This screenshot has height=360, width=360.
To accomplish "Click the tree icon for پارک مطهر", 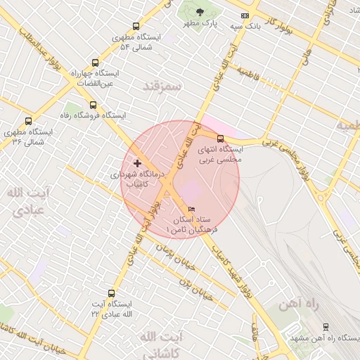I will tap(200, 12).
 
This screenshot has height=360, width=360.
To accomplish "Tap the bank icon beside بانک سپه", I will tap(244, 15).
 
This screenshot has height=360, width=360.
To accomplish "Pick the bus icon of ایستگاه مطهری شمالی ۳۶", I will tap(28, 121).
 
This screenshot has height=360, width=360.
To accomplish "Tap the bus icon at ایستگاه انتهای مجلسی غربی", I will tap(221, 139).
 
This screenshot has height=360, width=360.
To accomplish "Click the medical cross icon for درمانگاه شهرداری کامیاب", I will tap(137, 163).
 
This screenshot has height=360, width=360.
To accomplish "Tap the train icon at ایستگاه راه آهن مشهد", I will tap(326, 328).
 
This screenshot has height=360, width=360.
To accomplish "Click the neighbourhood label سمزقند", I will tap(162, 86).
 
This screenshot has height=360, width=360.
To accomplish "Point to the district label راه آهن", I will tap(278, 304).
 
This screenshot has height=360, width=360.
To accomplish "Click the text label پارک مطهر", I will tap(198, 23).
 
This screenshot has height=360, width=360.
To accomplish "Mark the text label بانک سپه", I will tap(247, 26).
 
